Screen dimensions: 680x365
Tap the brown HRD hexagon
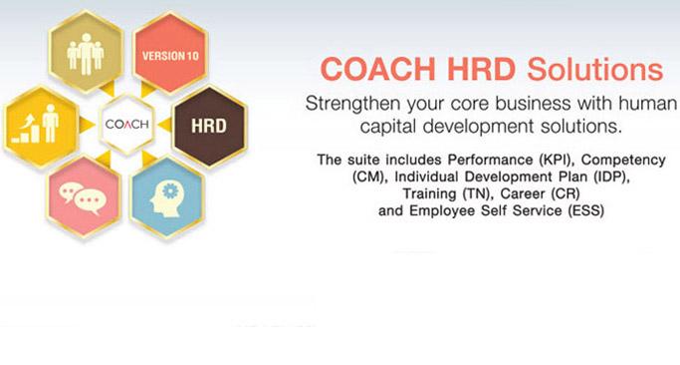(x=209, y=126)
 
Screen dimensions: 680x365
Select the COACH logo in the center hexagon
(x=127, y=125)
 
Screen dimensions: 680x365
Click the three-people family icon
(x=86, y=54)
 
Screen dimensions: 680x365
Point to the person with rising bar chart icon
(x=35, y=124)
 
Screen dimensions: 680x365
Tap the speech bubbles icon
(x=83, y=198)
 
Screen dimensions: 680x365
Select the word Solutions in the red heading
(x=595, y=69)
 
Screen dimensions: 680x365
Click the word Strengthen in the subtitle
(x=351, y=105)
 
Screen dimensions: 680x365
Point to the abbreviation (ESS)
(x=585, y=210)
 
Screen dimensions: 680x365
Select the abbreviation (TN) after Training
(x=478, y=193)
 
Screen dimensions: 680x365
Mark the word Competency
(x=623, y=161)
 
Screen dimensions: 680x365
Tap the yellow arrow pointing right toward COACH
(x=87, y=125)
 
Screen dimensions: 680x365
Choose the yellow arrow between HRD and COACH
(x=164, y=125)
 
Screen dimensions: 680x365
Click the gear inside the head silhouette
(x=170, y=191)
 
